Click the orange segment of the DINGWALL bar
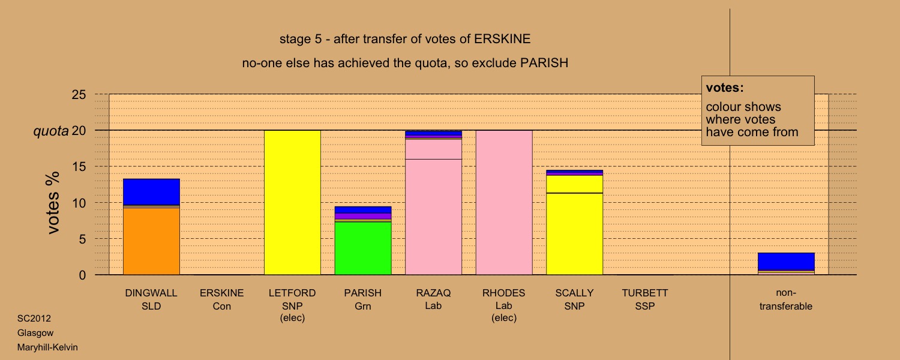pyautogui.click(x=151, y=241)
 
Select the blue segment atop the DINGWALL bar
pyautogui.click(x=151, y=192)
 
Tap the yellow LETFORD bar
pyautogui.click(x=292, y=203)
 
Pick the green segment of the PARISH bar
pyautogui.click(x=363, y=248)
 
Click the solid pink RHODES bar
pyautogui.click(x=504, y=203)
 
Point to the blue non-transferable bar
pyautogui.click(x=786, y=261)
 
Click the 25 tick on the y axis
pyautogui.click(x=79, y=94)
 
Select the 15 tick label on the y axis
pyautogui.click(x=79, y=167)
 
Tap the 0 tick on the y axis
pyautogui.click(x=82, y=275)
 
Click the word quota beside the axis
pyautogui.click(x=51, y=131)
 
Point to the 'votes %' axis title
pyautogui.click(x=53, y=203)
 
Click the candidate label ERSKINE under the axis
pyautogui.click(x=222, y=293)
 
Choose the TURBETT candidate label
pyautogui.click(x=645, y=293)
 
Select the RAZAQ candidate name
pyautogui.click(x=433, y=293)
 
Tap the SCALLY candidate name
pyautogui.click(x=575, y=293)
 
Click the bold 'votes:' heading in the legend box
pyautogui.click(x=725, y=88)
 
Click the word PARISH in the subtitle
pyautogui.click(x=544, y=63)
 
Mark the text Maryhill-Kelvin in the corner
pyautogui.click(x=47, y=347)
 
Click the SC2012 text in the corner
pyautogui.click(x=34, y=318)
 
